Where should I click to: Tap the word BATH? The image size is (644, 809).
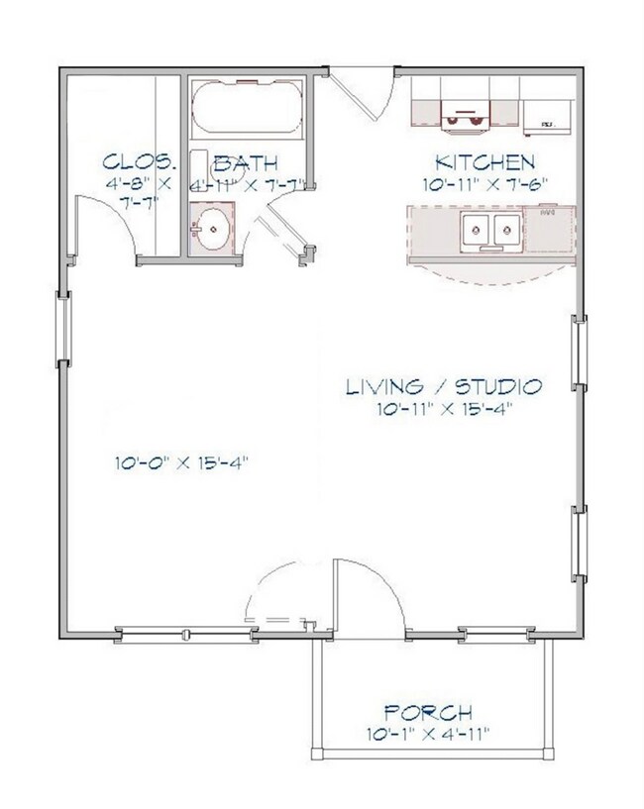[245, 162]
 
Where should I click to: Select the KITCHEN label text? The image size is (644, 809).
[485, 161]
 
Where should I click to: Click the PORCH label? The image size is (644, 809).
[428, 712]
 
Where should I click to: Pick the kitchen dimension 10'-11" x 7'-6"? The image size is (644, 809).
[485, 183]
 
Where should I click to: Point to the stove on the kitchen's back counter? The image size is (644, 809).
[465, 116]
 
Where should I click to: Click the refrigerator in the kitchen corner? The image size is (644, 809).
[548, 117]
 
